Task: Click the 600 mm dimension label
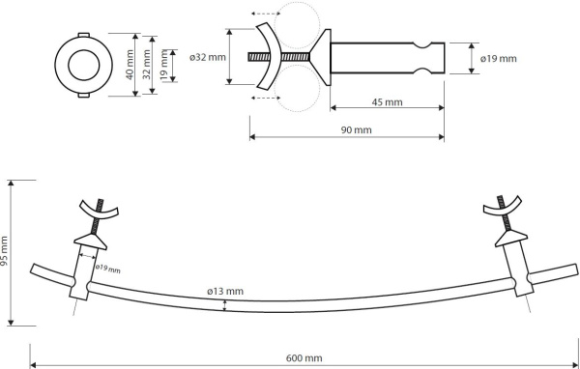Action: [304, 358]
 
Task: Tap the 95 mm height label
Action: [4, 251]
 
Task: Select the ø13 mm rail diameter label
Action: [225, 292]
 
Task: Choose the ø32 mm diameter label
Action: [208, 58]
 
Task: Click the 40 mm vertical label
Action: [130, 65]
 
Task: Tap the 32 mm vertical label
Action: [147, 65]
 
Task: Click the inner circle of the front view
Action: [83, 49]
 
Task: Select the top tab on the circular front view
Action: [83, 35]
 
